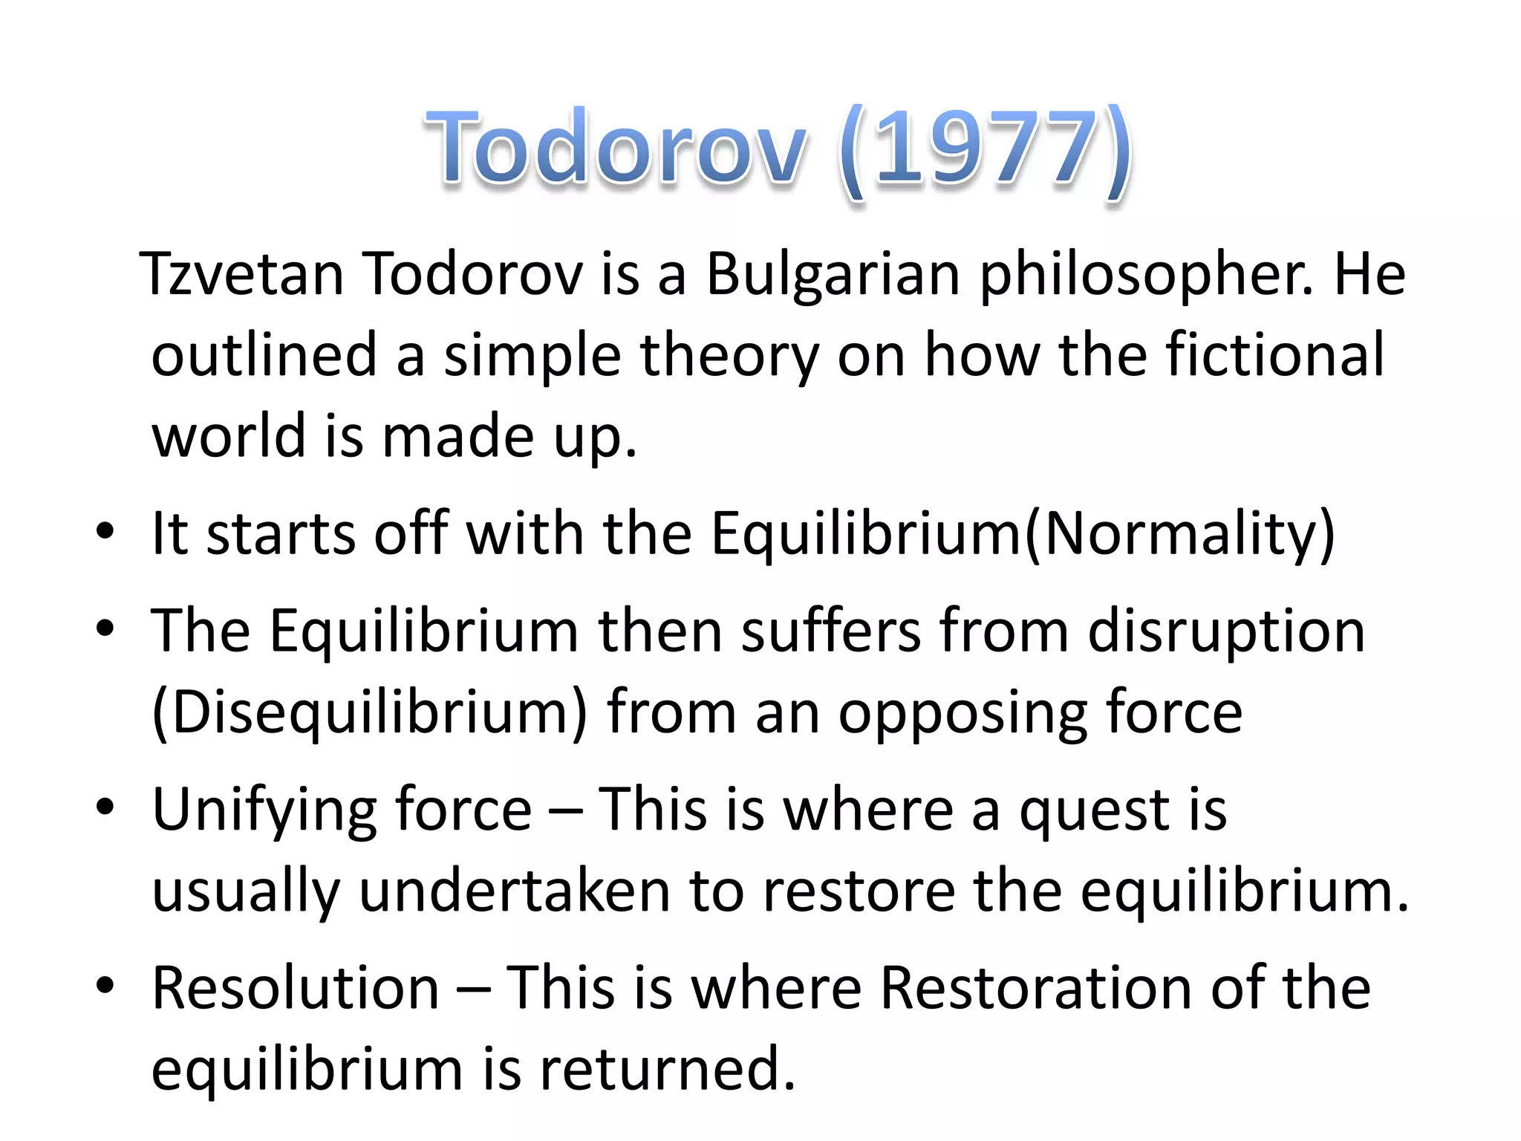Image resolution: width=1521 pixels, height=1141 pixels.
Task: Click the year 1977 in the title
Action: [x=985, y=149]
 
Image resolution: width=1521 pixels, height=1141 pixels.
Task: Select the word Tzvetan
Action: [x=242, y=274]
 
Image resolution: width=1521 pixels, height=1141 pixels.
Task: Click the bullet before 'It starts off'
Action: [x=105, y=532]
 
